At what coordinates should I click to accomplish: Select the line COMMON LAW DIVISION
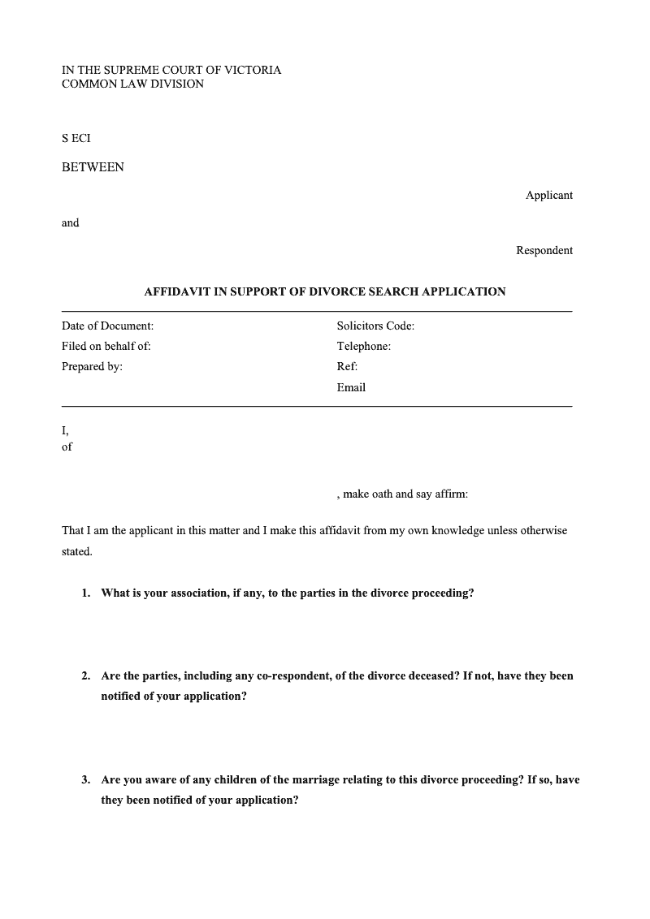click(132, 84)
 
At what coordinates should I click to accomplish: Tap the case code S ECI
click(76, 139)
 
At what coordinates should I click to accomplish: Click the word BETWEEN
click(93, 167)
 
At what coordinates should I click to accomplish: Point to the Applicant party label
click(548, 195)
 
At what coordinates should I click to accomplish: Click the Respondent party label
click(544, 250)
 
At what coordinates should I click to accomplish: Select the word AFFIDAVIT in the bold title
click(176, 291)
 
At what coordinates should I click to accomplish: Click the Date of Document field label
click(107, 326)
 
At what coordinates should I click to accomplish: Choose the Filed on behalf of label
click(106, 346)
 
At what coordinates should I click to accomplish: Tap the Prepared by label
click(92, 366)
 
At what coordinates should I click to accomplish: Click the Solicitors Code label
click(375, 326)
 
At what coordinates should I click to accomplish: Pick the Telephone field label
click(363, 346)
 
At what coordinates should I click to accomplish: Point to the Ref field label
click(347, 366)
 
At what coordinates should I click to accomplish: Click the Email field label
click(351, 387)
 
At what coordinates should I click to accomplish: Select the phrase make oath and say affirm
click(405, 494)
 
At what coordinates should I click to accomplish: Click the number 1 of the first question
click(85, 593)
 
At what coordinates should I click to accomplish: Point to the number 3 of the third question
click(85, 779)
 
